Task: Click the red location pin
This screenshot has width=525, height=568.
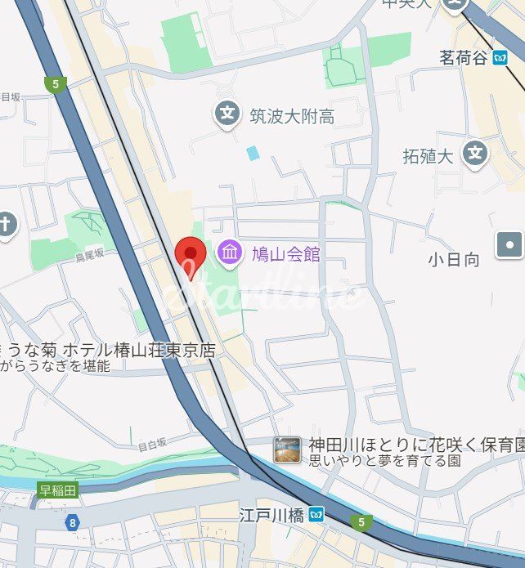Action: click(191, 254)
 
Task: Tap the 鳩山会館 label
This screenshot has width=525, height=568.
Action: click(285, 254)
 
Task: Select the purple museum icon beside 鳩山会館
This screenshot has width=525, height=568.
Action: click(230, 253)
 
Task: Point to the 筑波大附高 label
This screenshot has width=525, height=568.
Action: click(292, 117)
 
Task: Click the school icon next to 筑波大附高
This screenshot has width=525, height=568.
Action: click(227, 113)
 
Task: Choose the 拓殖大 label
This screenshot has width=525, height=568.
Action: click(428, 156)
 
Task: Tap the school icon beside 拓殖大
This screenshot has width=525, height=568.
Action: click(474, 152)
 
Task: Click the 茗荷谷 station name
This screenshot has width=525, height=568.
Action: click(463, 58)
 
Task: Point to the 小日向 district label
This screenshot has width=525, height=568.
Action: click(454, 260)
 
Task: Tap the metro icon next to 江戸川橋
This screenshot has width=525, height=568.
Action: click(316, 515)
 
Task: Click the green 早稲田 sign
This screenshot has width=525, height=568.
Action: click(58, 491)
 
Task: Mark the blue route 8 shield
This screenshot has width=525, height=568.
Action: click(73, 521)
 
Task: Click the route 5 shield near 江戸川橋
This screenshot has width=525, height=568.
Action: click(359, 521)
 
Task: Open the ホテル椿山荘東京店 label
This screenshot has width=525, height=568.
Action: click(140, 350)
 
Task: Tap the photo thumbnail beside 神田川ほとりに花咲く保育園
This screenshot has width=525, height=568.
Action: click(286, 449)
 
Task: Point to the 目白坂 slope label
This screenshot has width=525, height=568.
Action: click(151, 445)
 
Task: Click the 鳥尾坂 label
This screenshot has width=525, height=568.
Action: click(90, 254)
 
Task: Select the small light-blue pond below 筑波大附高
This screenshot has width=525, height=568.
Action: click(253, 153)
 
